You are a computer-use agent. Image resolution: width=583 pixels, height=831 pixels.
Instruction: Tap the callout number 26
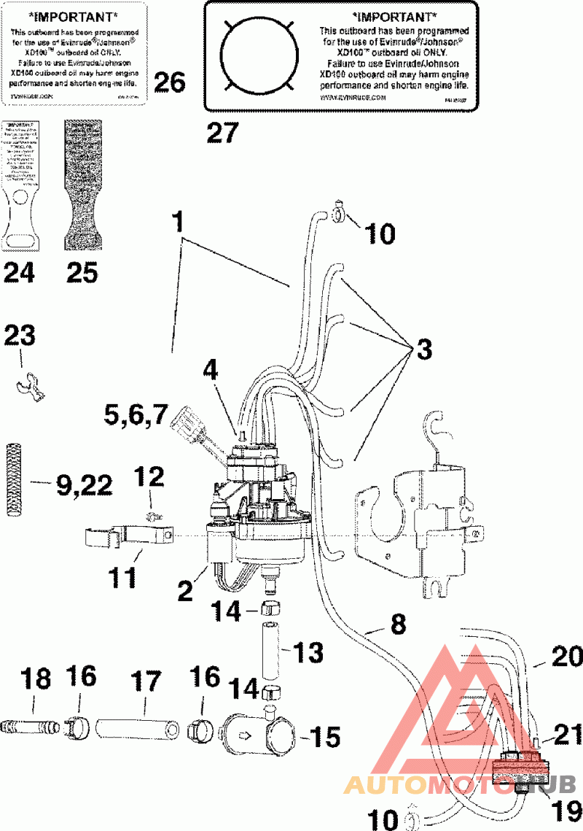click(168, 82)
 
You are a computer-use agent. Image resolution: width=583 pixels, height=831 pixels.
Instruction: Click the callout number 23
click(20, 338)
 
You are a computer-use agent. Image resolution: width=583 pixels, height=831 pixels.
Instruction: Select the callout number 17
click(144, 682)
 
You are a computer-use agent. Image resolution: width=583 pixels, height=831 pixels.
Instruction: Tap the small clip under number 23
click(28, 383)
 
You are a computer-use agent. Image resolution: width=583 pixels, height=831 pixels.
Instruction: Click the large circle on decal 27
click(260, 54)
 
